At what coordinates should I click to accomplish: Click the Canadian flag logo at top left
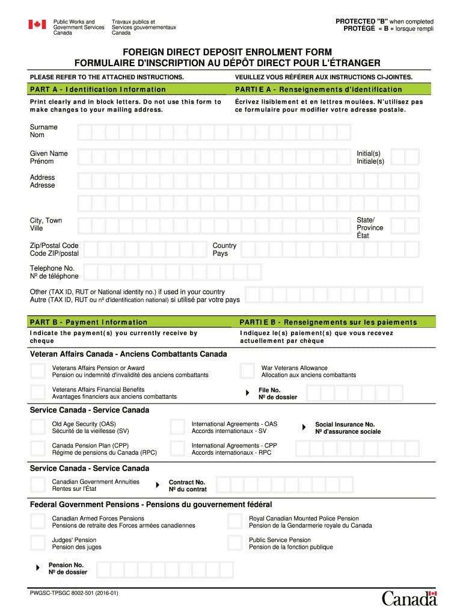(37, 25)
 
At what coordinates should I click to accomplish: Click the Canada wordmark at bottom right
(409, 598)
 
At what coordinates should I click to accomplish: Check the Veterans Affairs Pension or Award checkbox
(38, 371)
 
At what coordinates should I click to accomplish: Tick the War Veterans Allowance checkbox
(247, 371)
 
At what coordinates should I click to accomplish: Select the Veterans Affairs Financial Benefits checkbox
(38, 392)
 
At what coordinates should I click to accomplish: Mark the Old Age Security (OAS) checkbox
(38, 427)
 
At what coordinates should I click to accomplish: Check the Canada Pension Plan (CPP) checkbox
(38, 449)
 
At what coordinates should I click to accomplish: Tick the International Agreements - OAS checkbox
(177, 427)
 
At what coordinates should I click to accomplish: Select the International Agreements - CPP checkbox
(177, 449)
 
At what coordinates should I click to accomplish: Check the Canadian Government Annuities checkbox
(38, 485)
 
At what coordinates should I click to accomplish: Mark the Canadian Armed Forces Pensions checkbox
(38, 522)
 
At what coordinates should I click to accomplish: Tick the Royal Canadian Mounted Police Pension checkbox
(235, 522)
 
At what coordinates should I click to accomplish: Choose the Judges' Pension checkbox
(38, 543)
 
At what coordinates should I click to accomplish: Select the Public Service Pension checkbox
(235, 543)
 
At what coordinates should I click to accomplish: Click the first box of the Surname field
(85, 132)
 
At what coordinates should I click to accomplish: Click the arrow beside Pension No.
(38, 568)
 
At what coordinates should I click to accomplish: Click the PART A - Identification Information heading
(98, 90)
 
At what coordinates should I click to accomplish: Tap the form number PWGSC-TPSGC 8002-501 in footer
(75, 593)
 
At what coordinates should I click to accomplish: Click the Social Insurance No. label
(345, 424)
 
